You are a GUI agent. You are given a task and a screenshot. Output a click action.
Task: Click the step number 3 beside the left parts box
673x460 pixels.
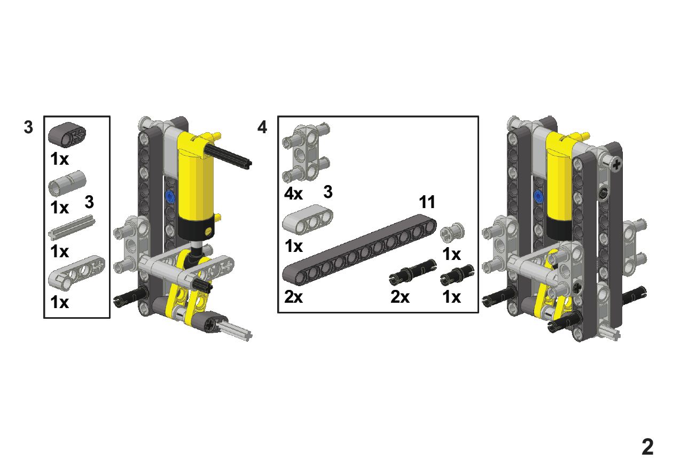tap(28, 127)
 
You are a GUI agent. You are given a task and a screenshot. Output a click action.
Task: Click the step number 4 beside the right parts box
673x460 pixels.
tap(262, 127)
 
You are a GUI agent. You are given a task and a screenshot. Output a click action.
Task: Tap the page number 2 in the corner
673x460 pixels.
tap(647, 447)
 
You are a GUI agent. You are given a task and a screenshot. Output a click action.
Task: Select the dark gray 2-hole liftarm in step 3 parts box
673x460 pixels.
tap(67, 134)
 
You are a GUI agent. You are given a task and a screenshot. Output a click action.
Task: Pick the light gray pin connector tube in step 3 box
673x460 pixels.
tap(67, 183)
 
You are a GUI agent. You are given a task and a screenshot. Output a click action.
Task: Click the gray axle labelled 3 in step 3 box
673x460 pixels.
tap(72, 227)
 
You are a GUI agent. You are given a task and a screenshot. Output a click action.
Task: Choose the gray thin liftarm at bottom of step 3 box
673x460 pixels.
tap(76, 273)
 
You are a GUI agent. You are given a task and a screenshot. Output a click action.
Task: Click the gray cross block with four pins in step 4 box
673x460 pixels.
tap(306, 152)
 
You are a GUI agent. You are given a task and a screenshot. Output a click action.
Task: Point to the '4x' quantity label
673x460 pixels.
tap(293, 194)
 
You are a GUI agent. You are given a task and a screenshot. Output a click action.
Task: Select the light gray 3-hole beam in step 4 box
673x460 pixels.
tap(307, 220)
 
